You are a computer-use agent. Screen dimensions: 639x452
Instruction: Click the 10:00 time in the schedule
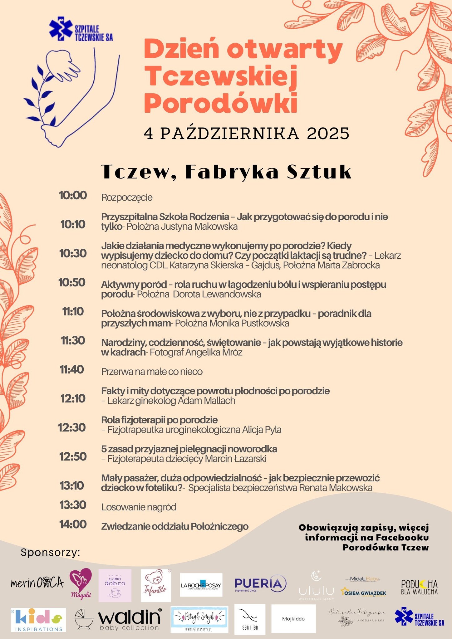73,196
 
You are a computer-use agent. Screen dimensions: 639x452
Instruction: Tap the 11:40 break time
72,370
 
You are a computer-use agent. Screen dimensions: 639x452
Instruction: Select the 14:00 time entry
73,524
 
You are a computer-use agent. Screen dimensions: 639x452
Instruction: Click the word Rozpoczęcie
127,198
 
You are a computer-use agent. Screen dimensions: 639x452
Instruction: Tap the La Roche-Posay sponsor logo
201,585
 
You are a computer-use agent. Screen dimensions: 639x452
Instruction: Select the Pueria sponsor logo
260,583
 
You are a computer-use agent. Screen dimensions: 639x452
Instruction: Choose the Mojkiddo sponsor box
293,619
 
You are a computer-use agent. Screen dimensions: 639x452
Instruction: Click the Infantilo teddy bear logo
156,585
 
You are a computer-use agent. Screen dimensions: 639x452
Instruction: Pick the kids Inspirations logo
38,620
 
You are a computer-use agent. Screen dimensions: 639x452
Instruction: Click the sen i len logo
250,619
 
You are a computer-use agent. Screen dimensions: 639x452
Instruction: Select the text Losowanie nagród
139,507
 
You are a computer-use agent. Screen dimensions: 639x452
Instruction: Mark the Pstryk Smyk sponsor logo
199,619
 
